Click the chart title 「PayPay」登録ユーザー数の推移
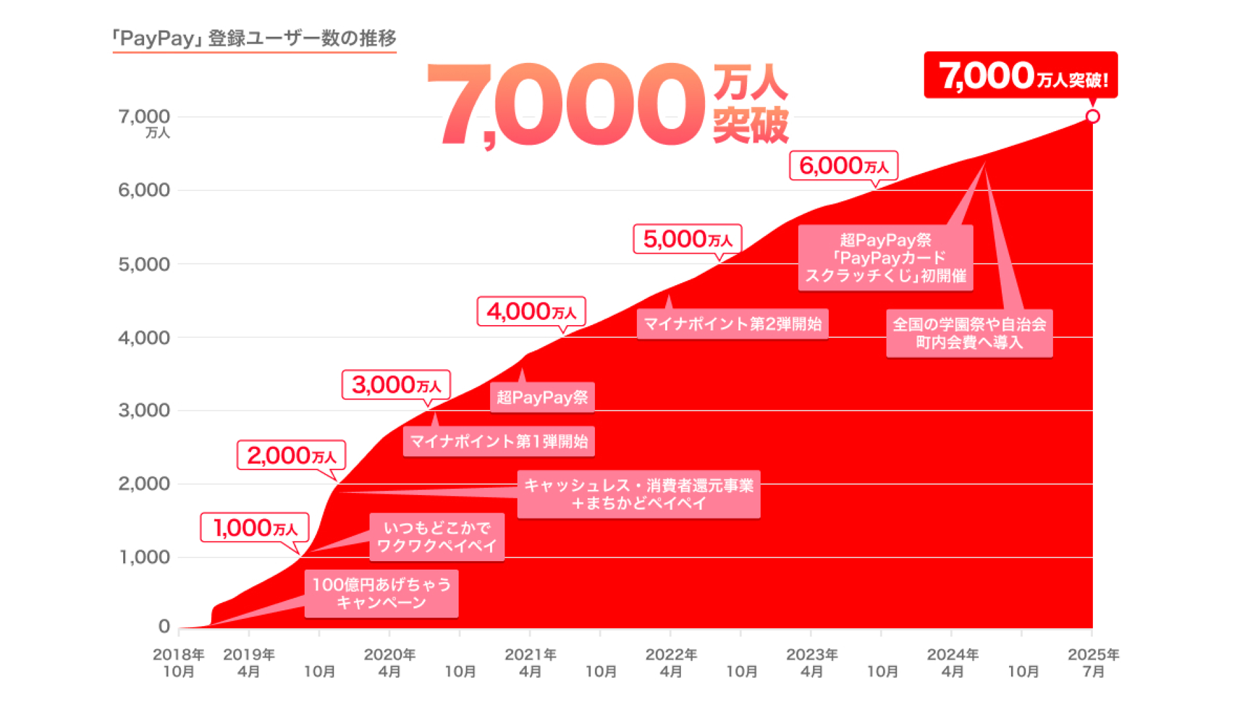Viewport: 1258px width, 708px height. click(254, 38)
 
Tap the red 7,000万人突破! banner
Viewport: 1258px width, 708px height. click(1020, 75)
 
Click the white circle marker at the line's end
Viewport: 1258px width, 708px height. click(1092, 117)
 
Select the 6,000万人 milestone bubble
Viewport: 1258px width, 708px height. click(843, 166)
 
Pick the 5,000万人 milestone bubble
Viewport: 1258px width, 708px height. click(687, 239)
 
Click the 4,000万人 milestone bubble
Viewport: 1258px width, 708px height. click(531, 311)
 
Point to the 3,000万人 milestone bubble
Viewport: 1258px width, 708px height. click(396, 385)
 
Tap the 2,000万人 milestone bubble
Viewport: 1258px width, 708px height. click(291, 456)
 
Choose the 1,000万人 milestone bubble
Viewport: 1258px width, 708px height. click(254, 528)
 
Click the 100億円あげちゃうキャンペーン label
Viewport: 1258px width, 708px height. click(381, 593)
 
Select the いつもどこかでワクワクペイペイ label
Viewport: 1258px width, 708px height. click(437, 537)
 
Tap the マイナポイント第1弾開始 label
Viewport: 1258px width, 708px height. click(499, 441)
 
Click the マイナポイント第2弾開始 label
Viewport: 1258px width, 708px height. click(732, 324)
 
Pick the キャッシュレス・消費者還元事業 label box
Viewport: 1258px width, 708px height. click(639, 494)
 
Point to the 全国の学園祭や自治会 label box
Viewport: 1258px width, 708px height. click(969, 333)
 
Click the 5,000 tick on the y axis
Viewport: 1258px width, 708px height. click(143, 264)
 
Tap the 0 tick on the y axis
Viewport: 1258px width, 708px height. click(164, 627)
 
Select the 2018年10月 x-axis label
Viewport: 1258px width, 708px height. click(178, 663)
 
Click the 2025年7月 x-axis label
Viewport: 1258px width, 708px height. click(1093, 663)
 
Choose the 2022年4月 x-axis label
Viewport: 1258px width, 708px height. click(670, 663)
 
